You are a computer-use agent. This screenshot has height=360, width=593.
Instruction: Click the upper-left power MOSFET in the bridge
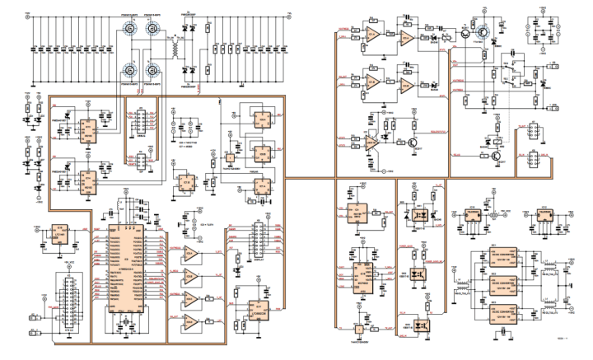click(131, 30)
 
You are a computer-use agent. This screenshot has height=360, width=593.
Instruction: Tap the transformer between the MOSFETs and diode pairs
click(175, 49)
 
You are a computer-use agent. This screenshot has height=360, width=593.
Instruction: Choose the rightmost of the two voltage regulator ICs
click(547, 213)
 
